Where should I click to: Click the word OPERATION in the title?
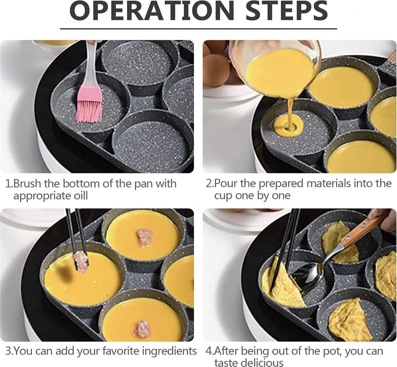click(x=152, y=10)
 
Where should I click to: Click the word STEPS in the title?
click(x=287, y=10)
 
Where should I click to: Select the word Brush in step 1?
click(x=28, y=183)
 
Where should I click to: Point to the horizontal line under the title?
click(x=198, y=29)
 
